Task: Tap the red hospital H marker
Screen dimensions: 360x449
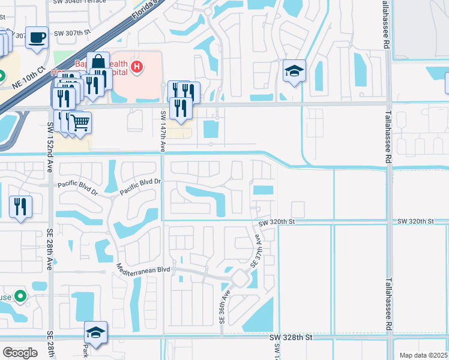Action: coord(137,67)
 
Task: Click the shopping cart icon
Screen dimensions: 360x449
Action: coord(80,123)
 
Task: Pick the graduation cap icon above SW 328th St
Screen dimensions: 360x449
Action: coord(95,332)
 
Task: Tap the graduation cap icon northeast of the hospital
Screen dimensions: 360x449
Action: coord(294,71)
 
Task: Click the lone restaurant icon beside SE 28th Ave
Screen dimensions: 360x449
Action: coord(20,207)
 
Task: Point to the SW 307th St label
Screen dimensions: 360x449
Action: coord(71,33)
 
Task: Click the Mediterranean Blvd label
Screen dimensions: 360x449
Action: coord(144,269)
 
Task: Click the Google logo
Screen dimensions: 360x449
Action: coord(20,352)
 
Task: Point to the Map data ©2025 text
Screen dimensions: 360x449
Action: coord(423,355)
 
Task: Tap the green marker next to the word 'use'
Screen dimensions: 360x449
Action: coord(20,296)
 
